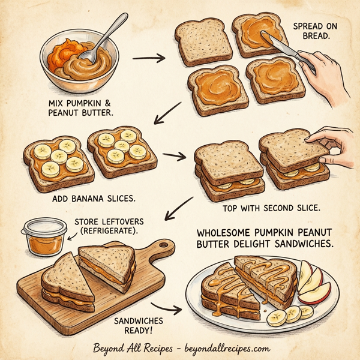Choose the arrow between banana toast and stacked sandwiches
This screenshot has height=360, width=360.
(x=175, y=157)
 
